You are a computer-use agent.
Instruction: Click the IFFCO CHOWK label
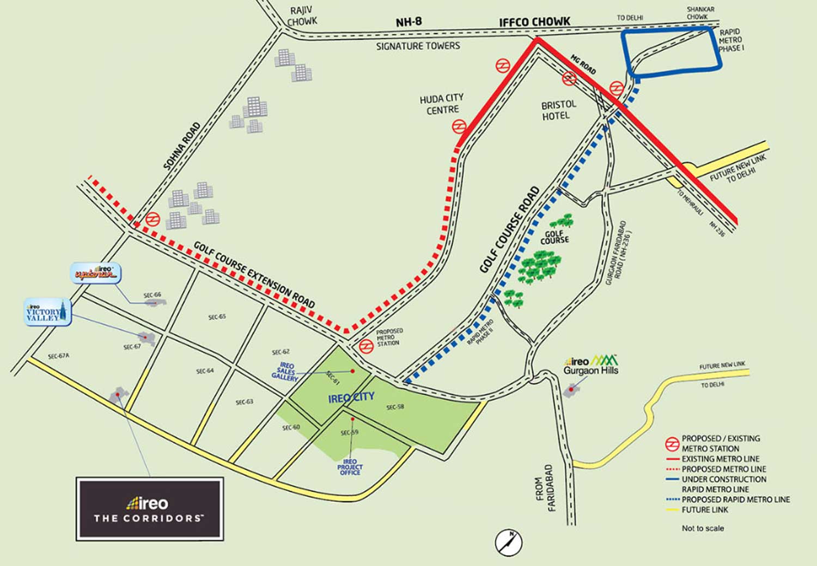pyautogui.click(x=534, y=22)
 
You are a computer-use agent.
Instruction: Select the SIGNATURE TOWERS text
pyautogui.click(x=418, y=46)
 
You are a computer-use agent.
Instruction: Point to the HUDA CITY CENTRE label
pyautogui.click(x=442, y=104)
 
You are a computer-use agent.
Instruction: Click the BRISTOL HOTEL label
pyautogui.click(x=558, y=110)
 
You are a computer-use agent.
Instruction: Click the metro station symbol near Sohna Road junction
pyautogui.click(x=152, y=219)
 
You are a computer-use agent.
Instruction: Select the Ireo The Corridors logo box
pyautogui.click(x=150, y=509)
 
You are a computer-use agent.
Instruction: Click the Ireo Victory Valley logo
pyautogui.click(x=47, y=312)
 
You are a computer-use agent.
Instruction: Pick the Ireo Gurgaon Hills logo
pyautogui.click(x=591, y=365)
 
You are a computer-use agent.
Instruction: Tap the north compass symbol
pyautogui.click(x=509, y=543)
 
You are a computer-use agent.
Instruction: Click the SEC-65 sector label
pyautogui.click(x=217, y=317)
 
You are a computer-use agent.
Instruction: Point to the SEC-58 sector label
pyautogui.click(x=395, y=407)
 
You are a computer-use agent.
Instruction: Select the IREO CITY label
pyautogui.click(x=351, y=398)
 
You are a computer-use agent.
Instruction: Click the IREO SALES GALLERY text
pyautogui.click(x=286, y=372)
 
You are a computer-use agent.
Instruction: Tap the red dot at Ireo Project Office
pyautogui.click(x=353, y=419)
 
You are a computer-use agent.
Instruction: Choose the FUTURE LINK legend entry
pyautogui.click(x=705, y=510)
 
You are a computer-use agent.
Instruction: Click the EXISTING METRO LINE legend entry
pyautogui.click(x=720, y=459)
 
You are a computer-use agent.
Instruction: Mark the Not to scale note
pyautogui.click(x=703, y=528)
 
